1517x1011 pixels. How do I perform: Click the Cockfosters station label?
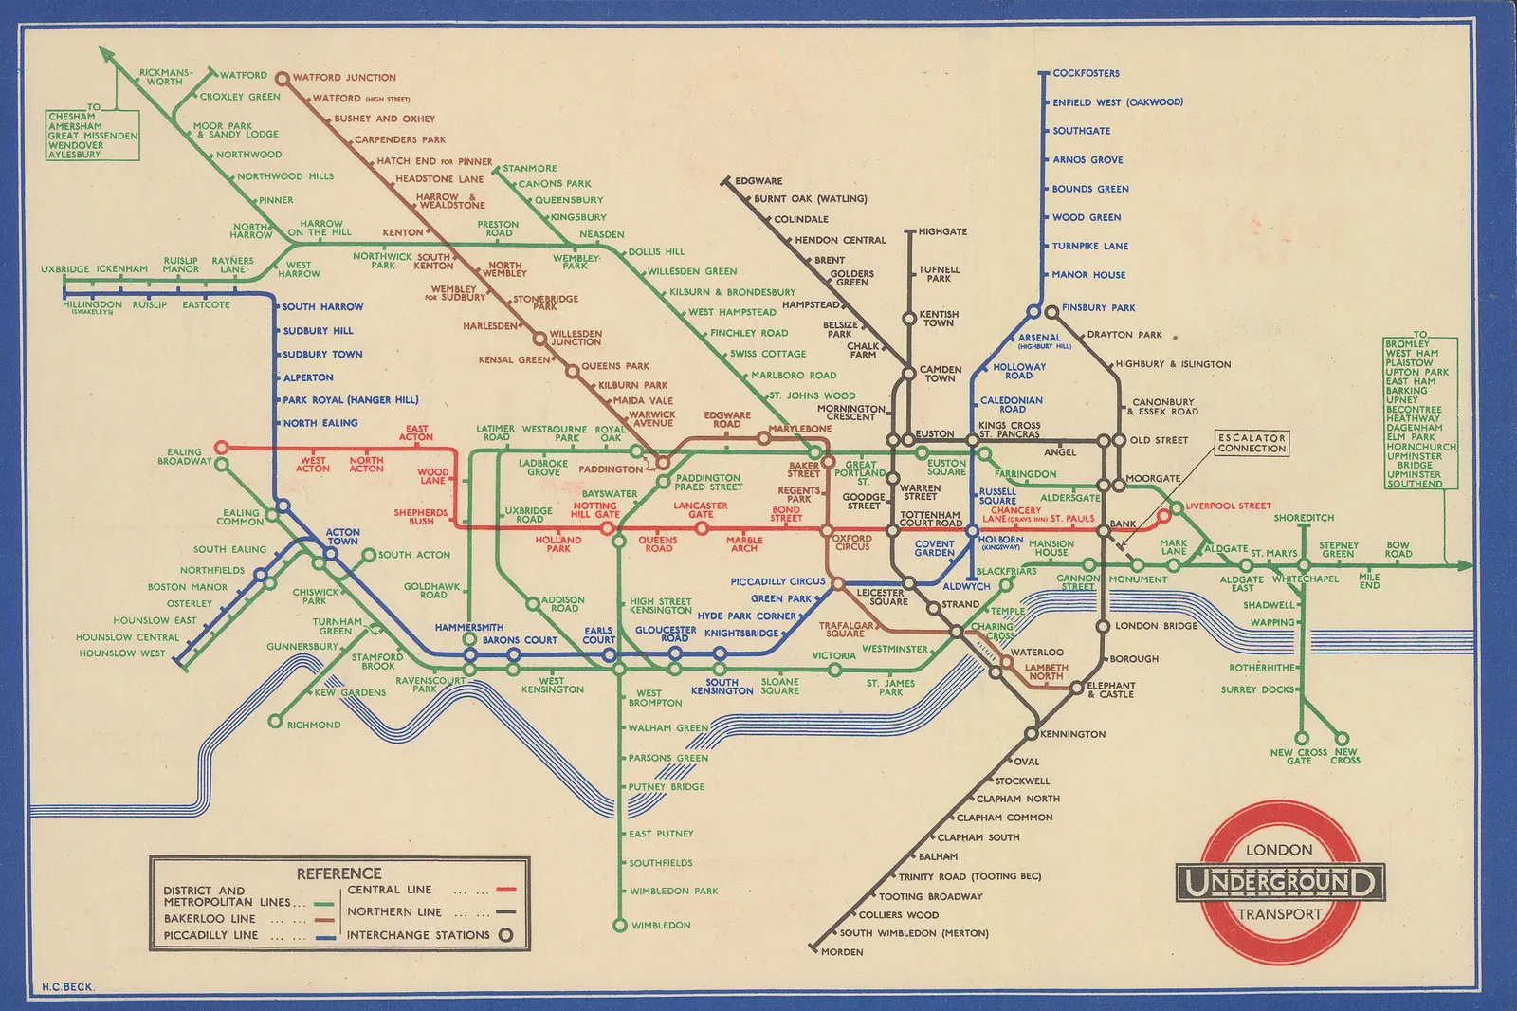1086,73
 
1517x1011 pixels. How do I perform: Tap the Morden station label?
842,951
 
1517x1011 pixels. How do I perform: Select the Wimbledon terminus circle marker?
619,925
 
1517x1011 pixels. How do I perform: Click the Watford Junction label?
344,78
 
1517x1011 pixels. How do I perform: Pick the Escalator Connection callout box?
1252,443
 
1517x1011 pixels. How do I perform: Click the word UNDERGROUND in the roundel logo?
1279,883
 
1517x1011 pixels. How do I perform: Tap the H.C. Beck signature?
67,986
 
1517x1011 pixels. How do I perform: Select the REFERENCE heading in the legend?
338,873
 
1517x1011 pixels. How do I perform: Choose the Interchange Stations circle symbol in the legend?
506,935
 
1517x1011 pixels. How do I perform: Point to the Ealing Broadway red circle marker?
221,447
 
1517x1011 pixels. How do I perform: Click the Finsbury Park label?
1098,307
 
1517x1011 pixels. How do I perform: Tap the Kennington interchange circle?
1031,734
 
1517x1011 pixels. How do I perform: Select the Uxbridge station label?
64,269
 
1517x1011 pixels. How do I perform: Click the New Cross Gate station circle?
1302,738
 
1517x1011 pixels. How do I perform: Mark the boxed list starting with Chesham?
93,135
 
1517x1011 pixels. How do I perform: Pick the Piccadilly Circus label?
777,581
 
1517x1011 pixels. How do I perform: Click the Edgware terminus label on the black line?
758,180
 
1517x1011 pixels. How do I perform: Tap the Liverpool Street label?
1228,505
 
